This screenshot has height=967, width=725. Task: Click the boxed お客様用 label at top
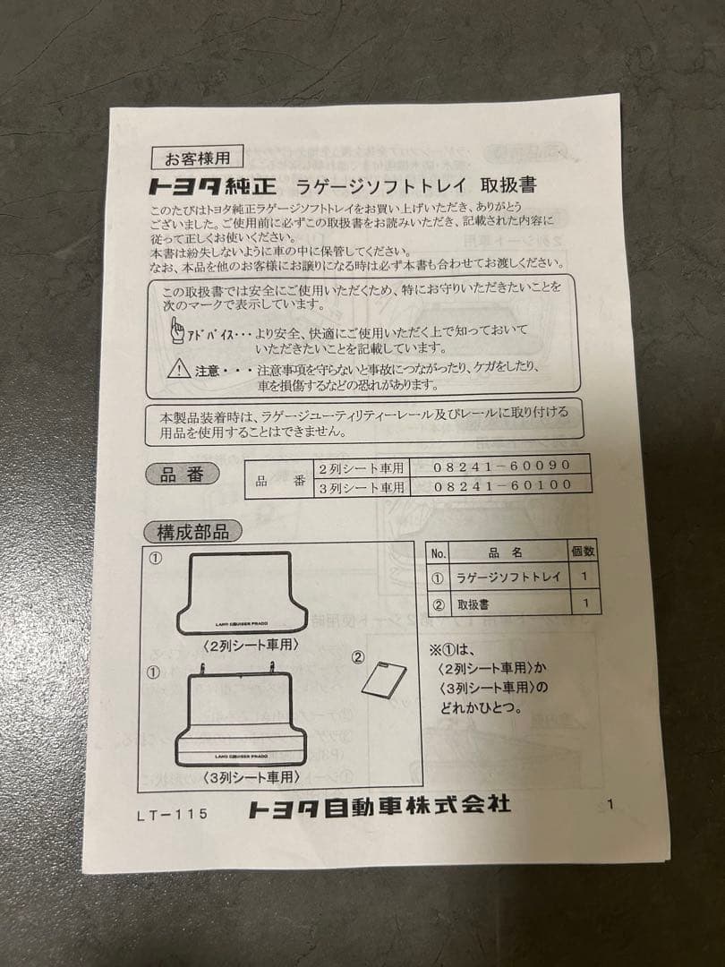[x=197, y=158]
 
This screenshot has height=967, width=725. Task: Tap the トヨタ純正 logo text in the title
[x=211, y=187]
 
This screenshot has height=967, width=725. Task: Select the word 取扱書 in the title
[x=508, y=185]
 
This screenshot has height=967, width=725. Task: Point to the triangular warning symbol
[x=179, y=367]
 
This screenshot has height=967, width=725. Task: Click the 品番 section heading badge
[x=182, y=475]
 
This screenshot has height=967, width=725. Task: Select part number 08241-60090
[x=502, y=466]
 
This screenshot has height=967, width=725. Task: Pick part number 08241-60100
[x=502, y=486]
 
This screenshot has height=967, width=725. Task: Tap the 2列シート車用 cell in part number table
[x=362, y=467]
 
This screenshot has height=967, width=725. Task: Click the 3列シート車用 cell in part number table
[x=362, y=487]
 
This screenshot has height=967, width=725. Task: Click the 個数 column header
[x=582, y=552]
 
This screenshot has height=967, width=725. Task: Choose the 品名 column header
[x=507, y=553]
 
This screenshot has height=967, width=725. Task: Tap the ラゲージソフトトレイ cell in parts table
[x=507, y=577]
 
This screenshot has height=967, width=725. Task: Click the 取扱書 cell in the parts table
[x=473, y=604]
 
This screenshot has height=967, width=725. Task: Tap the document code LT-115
[x=172, y=814]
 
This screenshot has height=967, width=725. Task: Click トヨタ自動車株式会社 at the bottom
[x=380, y=806]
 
